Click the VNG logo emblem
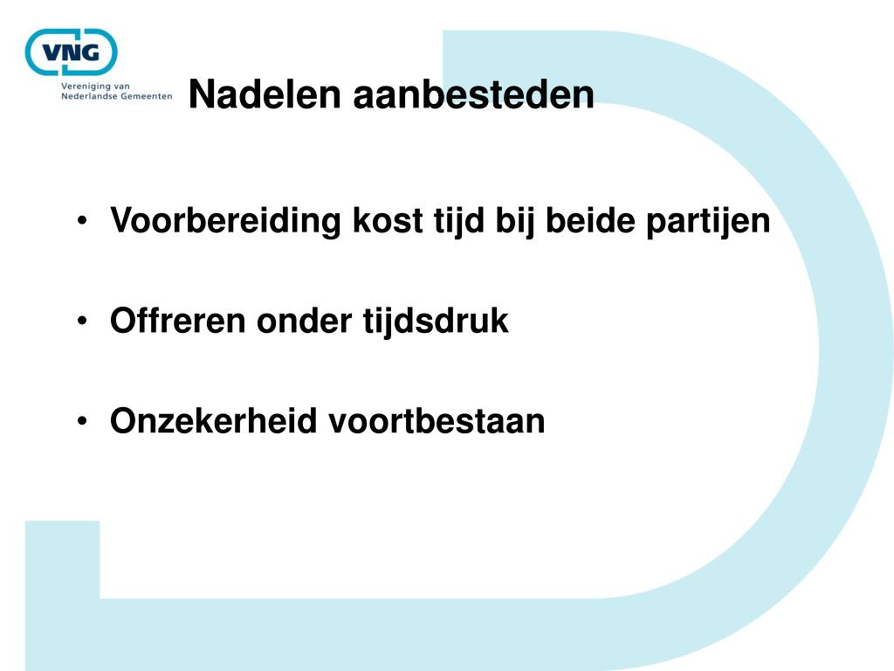point(71,52)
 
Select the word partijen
point(708,222)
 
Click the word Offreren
point(178,322)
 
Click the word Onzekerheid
point(213,421)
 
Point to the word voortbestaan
point(437,421)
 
